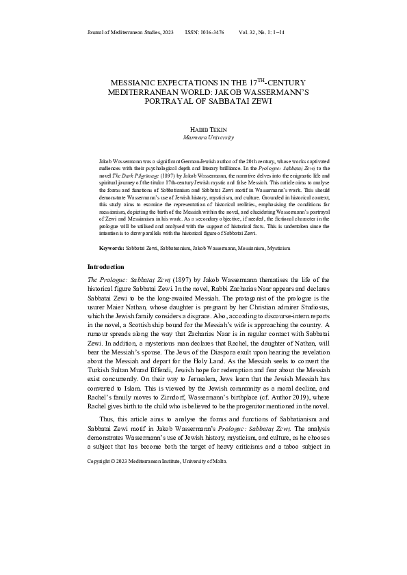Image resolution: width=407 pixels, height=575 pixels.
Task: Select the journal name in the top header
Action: tap(130, 32)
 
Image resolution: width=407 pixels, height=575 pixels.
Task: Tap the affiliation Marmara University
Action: tap(203, 137)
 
